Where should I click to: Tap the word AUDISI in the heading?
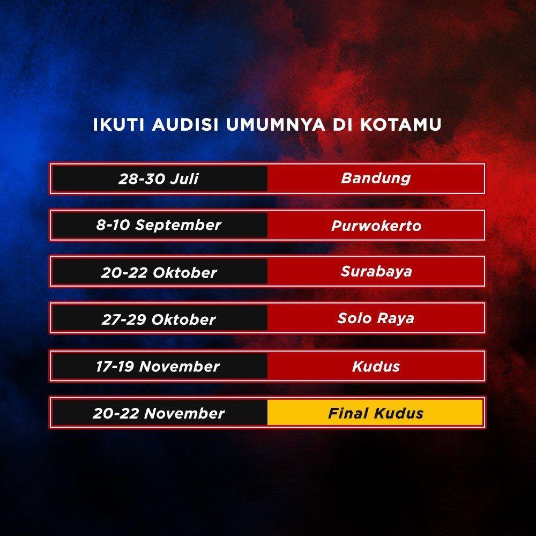(x=185, y=124)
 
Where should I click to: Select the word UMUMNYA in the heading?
(x=275, y=124)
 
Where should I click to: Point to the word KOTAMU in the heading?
(x=400, y=124)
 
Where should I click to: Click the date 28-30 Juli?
(x=158, y=179)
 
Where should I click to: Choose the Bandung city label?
(x=376, y=178)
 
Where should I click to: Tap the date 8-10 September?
(x=159, y=225)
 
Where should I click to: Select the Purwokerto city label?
(x=376, y=226)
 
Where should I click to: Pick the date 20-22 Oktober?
(x=159, y=272)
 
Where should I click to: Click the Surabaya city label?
(x=376, y=271)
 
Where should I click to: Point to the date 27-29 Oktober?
(x=159, y=319)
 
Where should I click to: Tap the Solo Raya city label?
(x=376, y=318)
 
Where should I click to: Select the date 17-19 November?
(x=158, y=366)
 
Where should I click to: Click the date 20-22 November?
(x=159, y=413)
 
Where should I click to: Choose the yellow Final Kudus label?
(x=376, y=413)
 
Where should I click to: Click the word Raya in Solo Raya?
(x=396, y=318)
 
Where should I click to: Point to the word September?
(x=178, y=226)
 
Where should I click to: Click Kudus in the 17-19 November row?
(x=376, y=366)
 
